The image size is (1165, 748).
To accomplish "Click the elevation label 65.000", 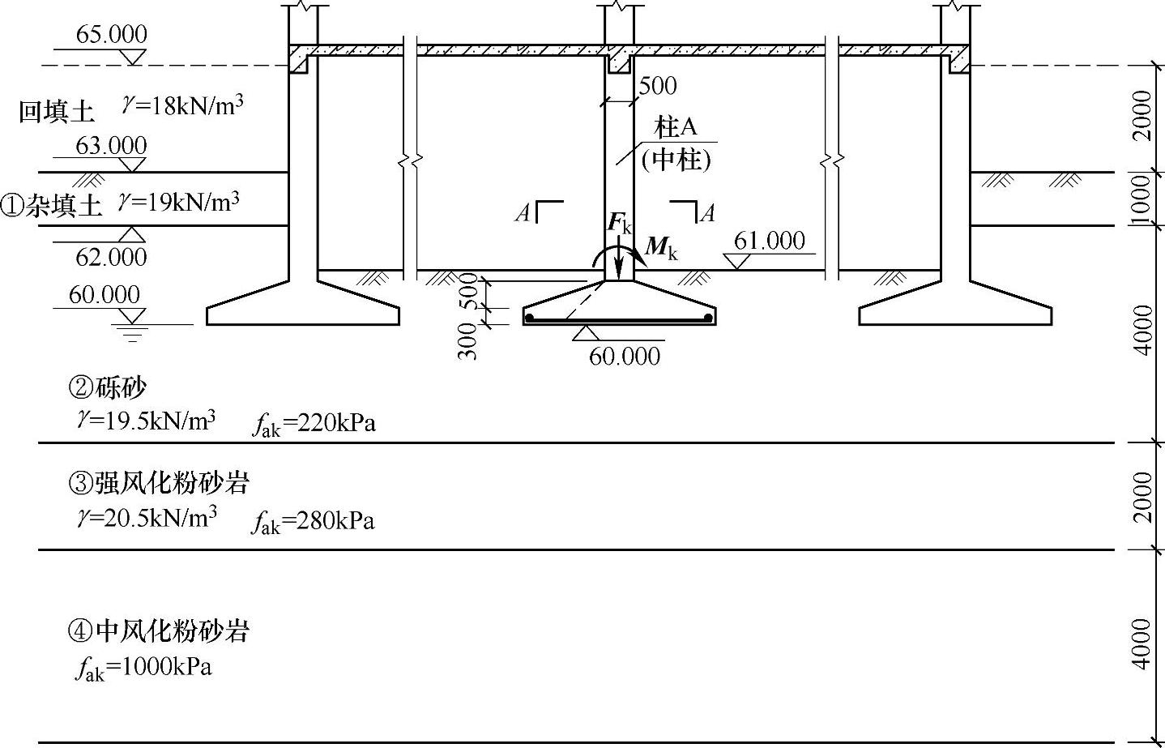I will [111, 35].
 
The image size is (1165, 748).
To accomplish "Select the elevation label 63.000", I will [111, 146].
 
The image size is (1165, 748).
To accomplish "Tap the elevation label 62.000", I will [111, 257].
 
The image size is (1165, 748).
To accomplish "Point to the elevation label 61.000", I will [769, 241].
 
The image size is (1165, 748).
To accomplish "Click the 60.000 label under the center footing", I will [624, 356].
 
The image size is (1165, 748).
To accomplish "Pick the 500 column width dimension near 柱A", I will [657, 85].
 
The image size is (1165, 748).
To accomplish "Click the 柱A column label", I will [676, 127].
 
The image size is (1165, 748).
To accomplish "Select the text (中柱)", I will [676, 160].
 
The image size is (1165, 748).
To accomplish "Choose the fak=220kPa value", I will [314, 424].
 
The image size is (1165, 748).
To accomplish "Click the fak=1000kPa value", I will [143, 668].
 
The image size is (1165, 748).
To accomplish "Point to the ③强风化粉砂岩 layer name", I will [159, 483].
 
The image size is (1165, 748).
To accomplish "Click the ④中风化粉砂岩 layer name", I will [159, 630].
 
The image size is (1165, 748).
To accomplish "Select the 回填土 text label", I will [57, 112].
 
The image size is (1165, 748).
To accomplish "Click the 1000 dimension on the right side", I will [1141, 198].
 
